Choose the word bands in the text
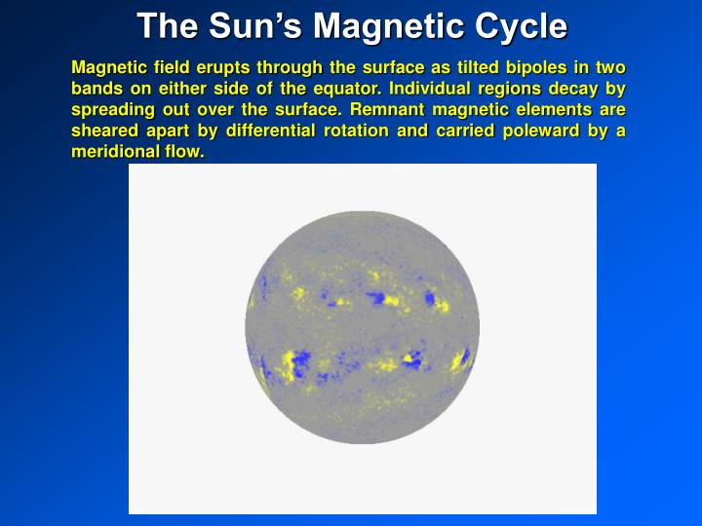click(x=96, y=89)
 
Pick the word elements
click(x=557, y=110)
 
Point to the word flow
click(x=185, y=153)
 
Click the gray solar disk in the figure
click(x=362, y=331)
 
